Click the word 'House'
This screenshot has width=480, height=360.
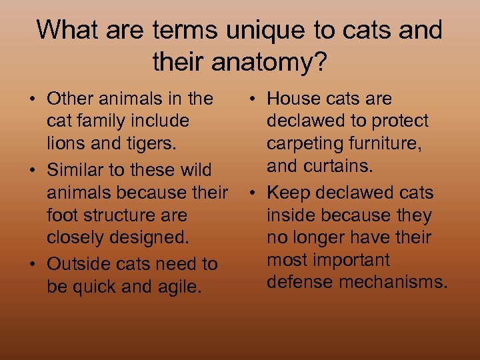pos(294,99)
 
